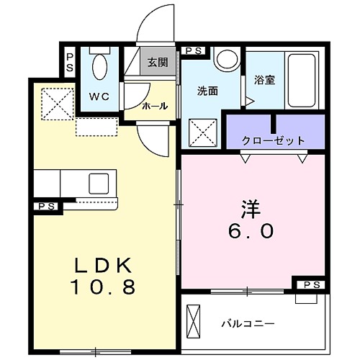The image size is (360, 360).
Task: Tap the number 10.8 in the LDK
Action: coord(104,287)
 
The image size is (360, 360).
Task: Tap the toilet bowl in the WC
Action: coord(101,68)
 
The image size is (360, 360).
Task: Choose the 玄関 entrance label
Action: coord(158,63)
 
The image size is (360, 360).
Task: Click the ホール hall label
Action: coord(155,106)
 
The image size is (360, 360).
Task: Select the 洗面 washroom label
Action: coord(207,91)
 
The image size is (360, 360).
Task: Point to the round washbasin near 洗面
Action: coord(228,59)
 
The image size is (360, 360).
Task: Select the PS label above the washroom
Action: coord(192,50)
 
